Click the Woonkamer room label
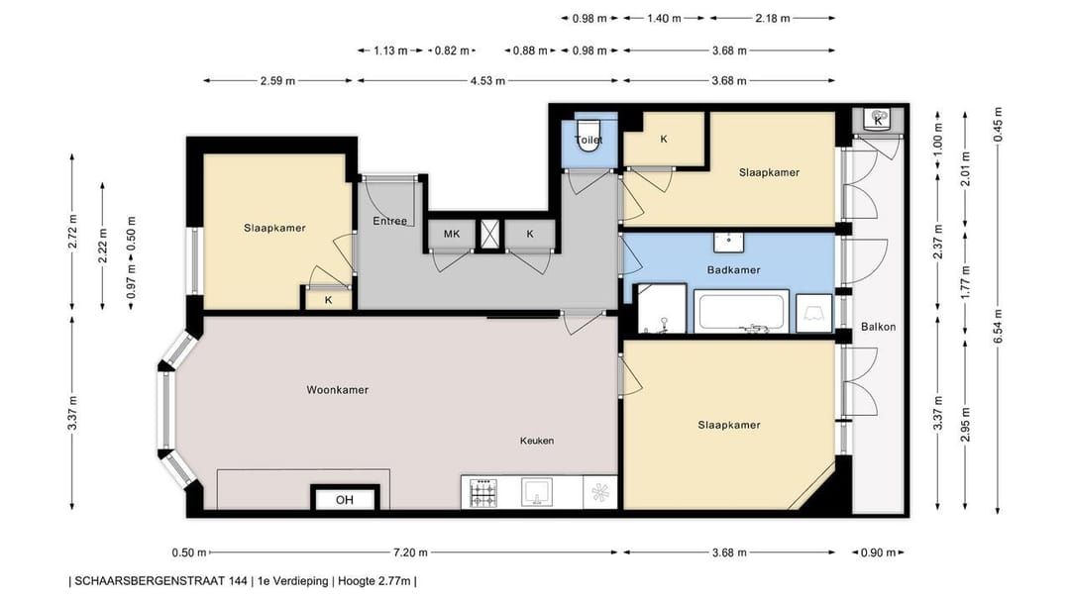coord(337,390)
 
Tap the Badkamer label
coord(733,270)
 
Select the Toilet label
coord(588,140)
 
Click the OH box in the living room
coord(345,500)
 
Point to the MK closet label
coord(452,234)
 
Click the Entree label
coord(389,221)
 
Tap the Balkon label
coord(878,327)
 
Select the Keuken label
coord(537,441)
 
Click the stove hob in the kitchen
coord(483,492)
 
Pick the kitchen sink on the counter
coord(537,492)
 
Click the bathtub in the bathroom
coord(741,312)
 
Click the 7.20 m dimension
coord(413,552)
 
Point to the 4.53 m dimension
coord(487,80)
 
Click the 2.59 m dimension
coord(277,80)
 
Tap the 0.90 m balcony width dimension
coord(878,552)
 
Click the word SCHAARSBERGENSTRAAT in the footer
coord(161,581)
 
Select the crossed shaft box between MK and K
coord(489,234)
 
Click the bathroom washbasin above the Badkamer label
coord(729,243)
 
